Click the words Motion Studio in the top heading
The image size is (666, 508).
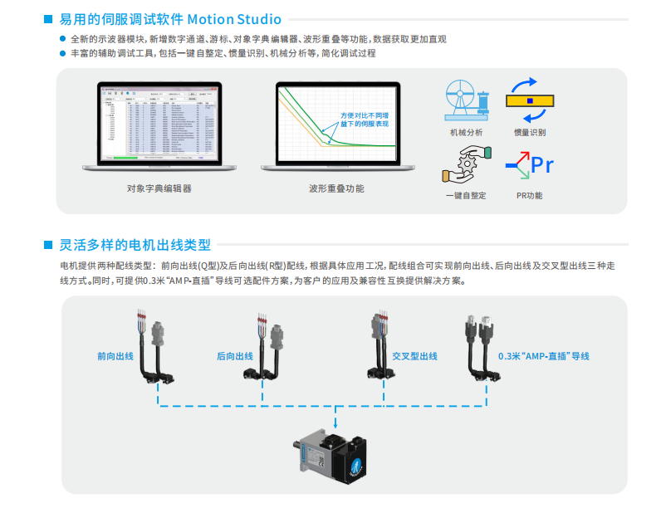tap(234, 19)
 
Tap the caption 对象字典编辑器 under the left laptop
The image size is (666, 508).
tap(159, 188)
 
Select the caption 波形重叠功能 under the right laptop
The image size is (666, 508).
tap(335, 188)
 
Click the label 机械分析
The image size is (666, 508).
tap(466, 132)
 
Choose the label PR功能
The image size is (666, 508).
tap(529, 196)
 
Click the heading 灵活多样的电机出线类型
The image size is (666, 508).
tap(135, 245)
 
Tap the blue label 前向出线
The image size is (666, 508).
tap(115, 356)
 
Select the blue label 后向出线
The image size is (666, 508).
tap(234, 356)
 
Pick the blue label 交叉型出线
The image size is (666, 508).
tap(415, 356)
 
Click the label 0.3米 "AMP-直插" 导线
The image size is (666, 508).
tap(543, 356)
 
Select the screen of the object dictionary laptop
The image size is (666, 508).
tap(158, 121)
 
